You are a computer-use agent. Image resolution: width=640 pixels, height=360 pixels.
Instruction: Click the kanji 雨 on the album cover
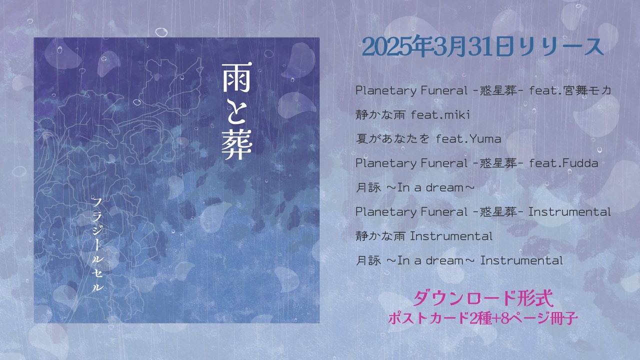[236, 77]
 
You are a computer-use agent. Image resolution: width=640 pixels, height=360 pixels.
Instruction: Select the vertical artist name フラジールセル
[97, 245]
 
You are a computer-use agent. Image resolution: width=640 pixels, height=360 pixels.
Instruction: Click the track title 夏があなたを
[392, 139]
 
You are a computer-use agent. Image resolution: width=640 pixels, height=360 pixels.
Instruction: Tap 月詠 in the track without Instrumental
[368, 187]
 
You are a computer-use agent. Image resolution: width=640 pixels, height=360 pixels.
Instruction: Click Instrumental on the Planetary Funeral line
[569, 212]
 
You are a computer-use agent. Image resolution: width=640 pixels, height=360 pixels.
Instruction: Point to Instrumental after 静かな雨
[451, 236]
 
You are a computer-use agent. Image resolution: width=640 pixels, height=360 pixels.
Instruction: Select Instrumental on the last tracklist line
[521, 260]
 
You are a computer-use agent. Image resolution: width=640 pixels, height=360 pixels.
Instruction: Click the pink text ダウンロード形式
[483, 298]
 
